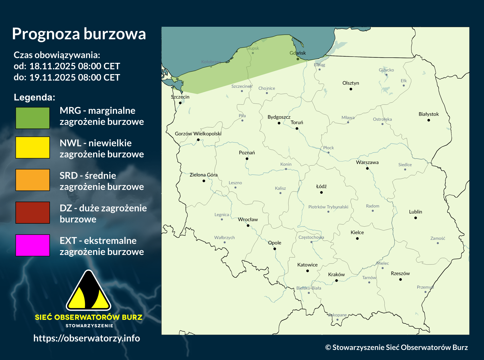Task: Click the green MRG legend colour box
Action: [x=33, y=118]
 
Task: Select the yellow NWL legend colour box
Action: [x=33, y=147]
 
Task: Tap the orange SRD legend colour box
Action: [x=33, y=180]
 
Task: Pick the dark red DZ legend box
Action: [x=33, y=212]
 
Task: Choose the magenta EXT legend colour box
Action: [x=33, y=245]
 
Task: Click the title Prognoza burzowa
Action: [x=79, y=34]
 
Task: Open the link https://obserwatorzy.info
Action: [x=86, y=338]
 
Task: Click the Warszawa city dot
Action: [x=367, y=168]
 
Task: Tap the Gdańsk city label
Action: [x=298, y=53]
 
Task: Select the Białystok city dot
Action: [x=429, y=120]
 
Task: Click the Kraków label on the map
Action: [x=336, y=275]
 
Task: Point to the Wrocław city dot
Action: [x=248, y=226]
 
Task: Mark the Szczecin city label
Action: [x=180, y=97]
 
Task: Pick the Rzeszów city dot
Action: [x=400, y=279]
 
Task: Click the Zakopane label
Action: [x=337, y=315]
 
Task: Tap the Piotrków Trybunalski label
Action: [x=328, y=207]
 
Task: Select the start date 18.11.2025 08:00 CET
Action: [x=74, y=66]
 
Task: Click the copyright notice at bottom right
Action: [x=396, y=347]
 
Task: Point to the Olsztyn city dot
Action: [x=351, y=89]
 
